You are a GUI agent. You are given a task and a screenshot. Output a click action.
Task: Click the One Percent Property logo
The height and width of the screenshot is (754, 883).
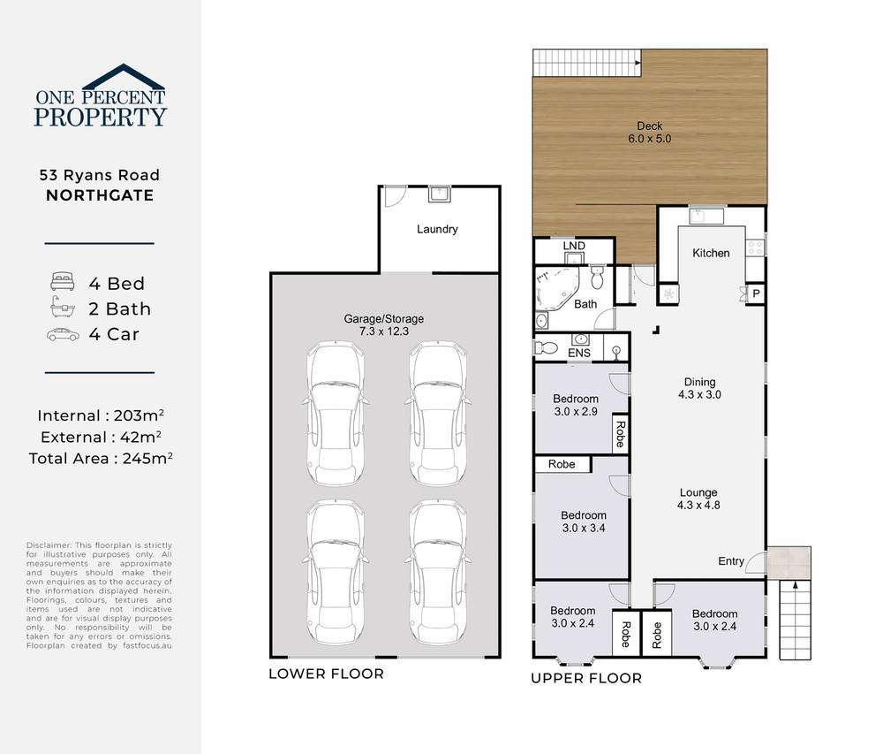coord(100,95)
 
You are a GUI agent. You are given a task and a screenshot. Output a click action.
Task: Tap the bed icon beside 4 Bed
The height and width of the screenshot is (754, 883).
coord(62,283)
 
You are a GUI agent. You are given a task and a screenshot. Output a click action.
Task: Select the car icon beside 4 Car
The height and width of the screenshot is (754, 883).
coord(62,334)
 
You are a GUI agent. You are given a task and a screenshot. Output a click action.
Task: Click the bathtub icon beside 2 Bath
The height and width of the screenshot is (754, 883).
coord(62,308)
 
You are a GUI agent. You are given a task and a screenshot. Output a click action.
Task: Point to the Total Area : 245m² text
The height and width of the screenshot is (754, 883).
coord(100,458)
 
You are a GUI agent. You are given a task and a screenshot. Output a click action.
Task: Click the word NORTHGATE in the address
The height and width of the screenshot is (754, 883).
coord(100,195)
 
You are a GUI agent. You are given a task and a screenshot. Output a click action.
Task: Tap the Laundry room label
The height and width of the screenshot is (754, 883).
coord(437,229)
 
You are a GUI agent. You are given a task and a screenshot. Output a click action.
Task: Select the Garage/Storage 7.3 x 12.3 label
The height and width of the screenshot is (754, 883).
coord(383,324)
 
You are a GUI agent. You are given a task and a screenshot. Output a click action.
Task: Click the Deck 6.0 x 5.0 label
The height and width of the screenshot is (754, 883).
coord(649,132)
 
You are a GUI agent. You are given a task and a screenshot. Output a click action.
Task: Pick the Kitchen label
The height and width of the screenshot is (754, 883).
coord(711,253)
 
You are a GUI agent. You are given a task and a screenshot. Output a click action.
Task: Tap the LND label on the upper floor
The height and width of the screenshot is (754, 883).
coord(573,245)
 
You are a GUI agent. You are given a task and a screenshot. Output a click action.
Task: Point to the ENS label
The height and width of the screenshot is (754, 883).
coord(579,354)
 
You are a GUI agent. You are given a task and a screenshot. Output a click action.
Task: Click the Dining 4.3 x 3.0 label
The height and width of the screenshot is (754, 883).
coord(699,389)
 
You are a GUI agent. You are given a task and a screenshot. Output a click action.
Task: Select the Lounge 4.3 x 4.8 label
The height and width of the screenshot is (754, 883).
coord(698,499)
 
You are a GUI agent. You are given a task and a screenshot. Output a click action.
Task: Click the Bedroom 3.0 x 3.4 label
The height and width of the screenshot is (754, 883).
coord(583,522)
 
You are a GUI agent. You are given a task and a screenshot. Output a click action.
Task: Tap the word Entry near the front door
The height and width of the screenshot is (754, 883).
coord(730,560)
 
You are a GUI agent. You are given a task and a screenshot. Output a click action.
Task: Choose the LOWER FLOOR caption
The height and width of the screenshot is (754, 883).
coord(326,674)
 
